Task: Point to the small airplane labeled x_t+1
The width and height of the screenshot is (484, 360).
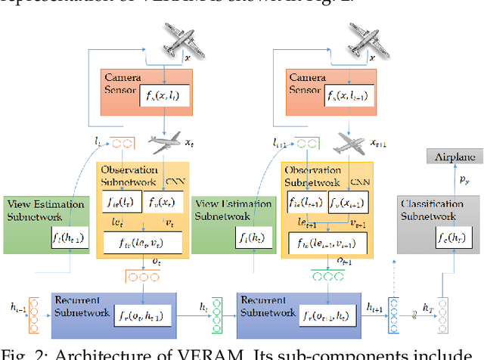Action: tap(349, 144)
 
